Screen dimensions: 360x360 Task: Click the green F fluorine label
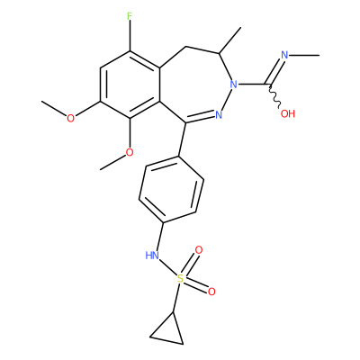pyautogui.click(x=130, y=16)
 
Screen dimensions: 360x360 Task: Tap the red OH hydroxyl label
pyautogui.click(x=288, y=113)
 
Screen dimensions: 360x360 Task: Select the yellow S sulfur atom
pyautogui.click(x=180, y=279)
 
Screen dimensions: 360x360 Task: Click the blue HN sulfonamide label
pyautogui.click(x=152, y=256)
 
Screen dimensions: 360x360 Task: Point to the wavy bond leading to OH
pyautogui.click(x=274, y=95)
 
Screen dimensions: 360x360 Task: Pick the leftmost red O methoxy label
pyautogui.click(x=70, y=118)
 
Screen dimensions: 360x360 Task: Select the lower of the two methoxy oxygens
pyautogui.click(x=130, y=152)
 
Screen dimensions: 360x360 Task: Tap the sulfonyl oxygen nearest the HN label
pyautogui.click(x=199, y=250)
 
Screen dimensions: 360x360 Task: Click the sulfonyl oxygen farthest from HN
pyautogui.click(x=211, y=292)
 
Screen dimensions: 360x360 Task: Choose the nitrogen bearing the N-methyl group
pyautogui.click(x=284, y=55)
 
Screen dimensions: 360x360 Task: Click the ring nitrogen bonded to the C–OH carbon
pyautogui.click(x=233, y=85)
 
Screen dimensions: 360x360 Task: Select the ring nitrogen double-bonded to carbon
pyautogui.click(x=219, y=114)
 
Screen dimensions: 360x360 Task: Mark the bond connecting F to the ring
pyautogui.click(x=130, y=36)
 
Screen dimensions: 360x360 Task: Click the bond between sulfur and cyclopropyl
pyautogui.click(x=176, y=298)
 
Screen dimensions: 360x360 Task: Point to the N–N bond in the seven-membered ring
pyautogui.click(x=226, y=99)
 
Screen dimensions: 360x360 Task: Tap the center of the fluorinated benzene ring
pyautogui.click(x=130, y=85)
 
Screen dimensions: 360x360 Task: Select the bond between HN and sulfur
pyautogui.click(x=167, y=268)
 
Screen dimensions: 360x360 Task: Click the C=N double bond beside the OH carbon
pyautogui.click(x=275, y=69)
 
